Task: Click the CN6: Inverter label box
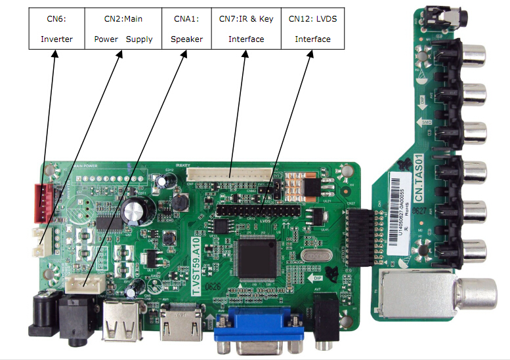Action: (56, 30)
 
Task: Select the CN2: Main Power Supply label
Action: (123, 30)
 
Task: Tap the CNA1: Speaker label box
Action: (186, 30)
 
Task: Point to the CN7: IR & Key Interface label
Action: (246, 30)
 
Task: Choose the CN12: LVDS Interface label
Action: (312, 30)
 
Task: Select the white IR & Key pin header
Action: (229, 174)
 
